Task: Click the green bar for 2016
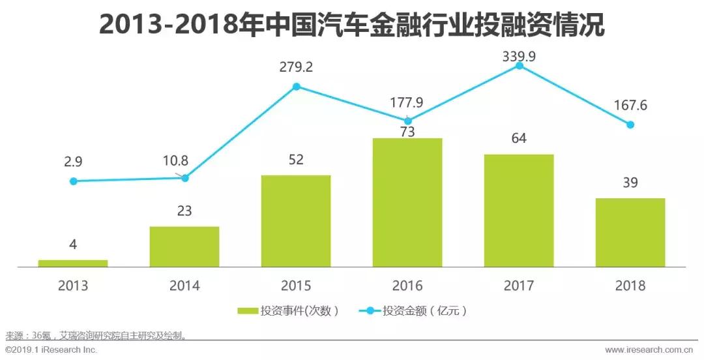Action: point(407,202)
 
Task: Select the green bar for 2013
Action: point(73,263)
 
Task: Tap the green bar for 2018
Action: point(630,232)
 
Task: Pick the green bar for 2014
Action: point(184,247)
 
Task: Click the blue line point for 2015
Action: point(296,86)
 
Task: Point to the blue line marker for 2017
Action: point(519,65)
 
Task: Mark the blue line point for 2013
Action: point(74,181)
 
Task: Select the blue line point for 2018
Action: point(630,125)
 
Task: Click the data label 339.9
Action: point(519,57)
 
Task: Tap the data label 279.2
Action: point(296,67)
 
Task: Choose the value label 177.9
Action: point(407,102)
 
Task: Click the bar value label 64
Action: point(519,138)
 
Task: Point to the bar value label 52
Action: point(296,160)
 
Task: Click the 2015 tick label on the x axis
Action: point(296,286)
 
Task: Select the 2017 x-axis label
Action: point(519,286)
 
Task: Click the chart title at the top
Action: point(352,25)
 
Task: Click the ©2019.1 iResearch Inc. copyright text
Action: point(51,350)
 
